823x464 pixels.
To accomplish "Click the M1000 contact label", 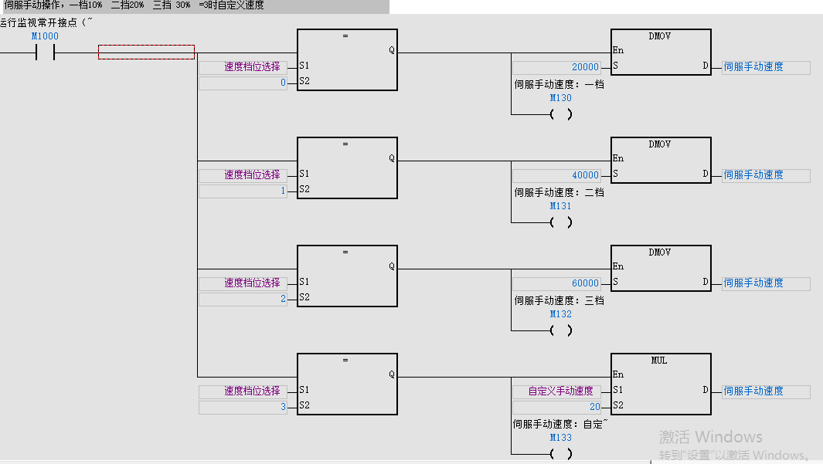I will click(x=44, y=36).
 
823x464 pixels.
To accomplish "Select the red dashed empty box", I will click(x=146, y=52).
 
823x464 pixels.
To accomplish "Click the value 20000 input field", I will click(x=556, y=67).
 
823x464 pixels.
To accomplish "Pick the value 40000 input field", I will click(x=556, y=175).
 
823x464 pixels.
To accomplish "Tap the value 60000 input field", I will click(x=556, y=283).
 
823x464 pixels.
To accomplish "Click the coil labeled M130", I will click(x=561, y=114).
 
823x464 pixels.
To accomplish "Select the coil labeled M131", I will click(x=561, y=222).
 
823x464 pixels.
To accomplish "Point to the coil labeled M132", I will click(x=561, y=330).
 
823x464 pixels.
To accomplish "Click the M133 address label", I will click(x=561, y=438).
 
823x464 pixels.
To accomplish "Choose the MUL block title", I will click(x=659, y=361).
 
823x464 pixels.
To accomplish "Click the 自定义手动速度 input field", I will click(x=556, y=391).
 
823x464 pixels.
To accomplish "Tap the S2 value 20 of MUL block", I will click(x=556, y=407).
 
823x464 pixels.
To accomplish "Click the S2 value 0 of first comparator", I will click(x=243, y=83).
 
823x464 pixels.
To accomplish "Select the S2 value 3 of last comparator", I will click(x=243, y=407).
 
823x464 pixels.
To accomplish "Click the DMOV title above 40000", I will click(x=660, y=144).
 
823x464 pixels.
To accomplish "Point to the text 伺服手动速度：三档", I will click(x=559, y=300).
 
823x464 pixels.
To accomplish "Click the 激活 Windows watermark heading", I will click(x=710, y=437).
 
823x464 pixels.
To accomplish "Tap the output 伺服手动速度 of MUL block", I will click(x=765, y=391).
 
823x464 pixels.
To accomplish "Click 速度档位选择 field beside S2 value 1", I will click(x=243, y=175).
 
